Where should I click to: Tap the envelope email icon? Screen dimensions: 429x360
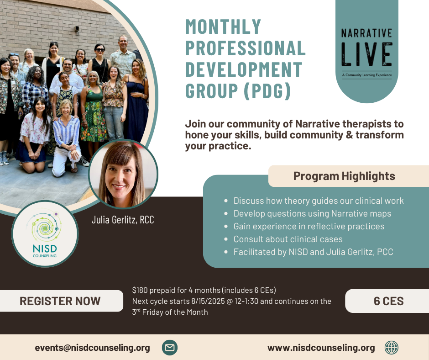pyautogui.click(x=170, y=347)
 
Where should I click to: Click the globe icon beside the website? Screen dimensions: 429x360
pyautogui.click(x=392, y=348)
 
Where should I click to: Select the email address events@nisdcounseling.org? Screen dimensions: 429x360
pyautogui.click(x=92, y=348)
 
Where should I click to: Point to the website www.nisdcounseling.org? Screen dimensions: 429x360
pyautogui.click(x=321, y=348)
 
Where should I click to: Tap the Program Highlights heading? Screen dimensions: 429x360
pyautogui.click(x=344, y=176)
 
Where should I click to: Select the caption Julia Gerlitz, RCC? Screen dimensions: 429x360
pyautogui.click(x=123, y=220)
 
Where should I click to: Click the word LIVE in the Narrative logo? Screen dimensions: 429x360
pyautogui.click(x=366, y=54)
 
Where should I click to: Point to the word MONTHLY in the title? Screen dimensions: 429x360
pyautogui.click(x=223, y=26)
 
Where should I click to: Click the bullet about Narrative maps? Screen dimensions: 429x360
pyautogui.click(x=312, y=213)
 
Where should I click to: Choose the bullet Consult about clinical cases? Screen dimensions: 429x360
pyautogui.click(x=288, y=239)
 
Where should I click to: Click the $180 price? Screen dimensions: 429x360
pyautogui.click(x=140, y=290)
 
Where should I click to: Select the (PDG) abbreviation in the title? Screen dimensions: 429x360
pyautogui.click(x=267, y=91)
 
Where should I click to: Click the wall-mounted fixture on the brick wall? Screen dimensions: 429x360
pyautogui.click(x=77, y=29)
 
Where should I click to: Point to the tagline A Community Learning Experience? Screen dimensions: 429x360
pyautogui.click(x=366, y=75)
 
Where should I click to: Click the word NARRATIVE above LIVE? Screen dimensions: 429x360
pyautogui.click(x=366, y=33)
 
